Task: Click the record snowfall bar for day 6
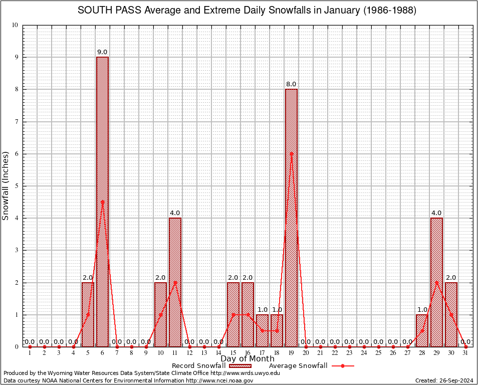[x=102, y=201]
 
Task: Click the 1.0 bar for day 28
[x=422, y=330]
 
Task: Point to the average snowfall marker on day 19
[x=291, y=154]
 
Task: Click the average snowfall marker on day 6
[x=102, y=202]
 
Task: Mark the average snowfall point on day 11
[x=175, y=282]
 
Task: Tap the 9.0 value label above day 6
[x=102, y=52]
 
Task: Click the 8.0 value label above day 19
[x=291, y=84]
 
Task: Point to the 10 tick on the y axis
[x=16, y=25]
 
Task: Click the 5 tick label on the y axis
[x=17, y=186]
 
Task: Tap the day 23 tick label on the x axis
[x=349, y=353]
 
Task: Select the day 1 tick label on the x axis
[x=30, y=353]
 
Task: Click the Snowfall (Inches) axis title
[x=6, y=186]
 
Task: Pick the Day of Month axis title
[x=248, y=359]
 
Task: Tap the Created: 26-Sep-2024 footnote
[x=444, y=380]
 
